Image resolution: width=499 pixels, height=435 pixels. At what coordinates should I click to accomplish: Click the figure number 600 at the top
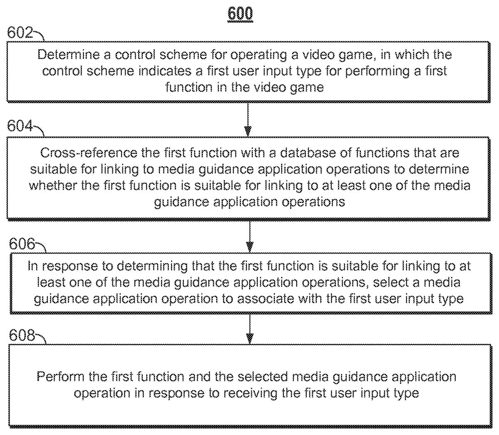240,14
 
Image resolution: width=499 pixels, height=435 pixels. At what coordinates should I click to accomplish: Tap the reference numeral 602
20,32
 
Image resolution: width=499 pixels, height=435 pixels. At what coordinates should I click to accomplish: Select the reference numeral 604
20,126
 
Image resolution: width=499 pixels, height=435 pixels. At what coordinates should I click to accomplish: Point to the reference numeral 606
22,244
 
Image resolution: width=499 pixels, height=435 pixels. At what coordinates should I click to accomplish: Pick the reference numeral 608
22,335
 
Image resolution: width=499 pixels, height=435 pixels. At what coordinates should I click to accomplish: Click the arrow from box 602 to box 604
248,119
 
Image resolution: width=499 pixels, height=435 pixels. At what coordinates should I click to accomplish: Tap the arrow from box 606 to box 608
249,329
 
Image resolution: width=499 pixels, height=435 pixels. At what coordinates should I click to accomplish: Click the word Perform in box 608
61,377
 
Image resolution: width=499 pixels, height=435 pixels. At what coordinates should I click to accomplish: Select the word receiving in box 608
255,393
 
